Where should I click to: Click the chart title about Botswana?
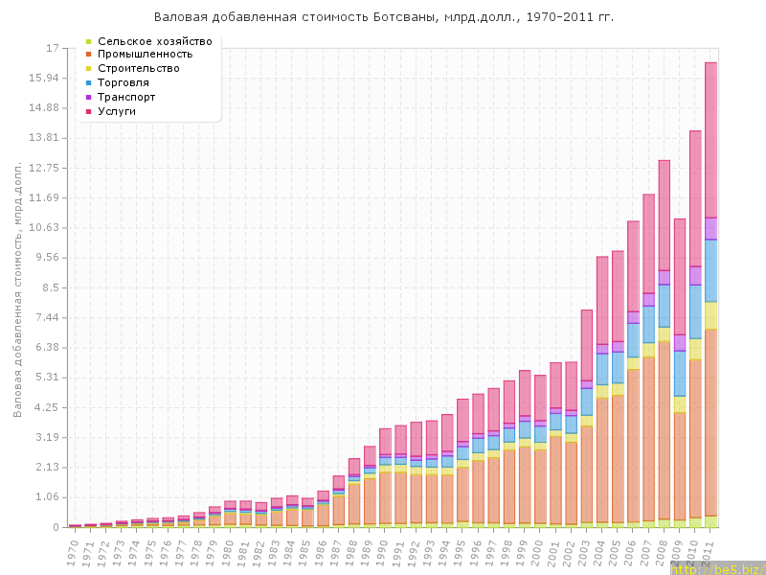click(x=384, y=17)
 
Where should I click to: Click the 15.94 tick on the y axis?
click(x=44, y=78)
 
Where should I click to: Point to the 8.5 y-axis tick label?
click(x=50, y=287)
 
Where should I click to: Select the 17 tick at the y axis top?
click(x=53, y=48)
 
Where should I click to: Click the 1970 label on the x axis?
click(x=73, y=551)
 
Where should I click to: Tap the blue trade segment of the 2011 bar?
click(x=711, y=270)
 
